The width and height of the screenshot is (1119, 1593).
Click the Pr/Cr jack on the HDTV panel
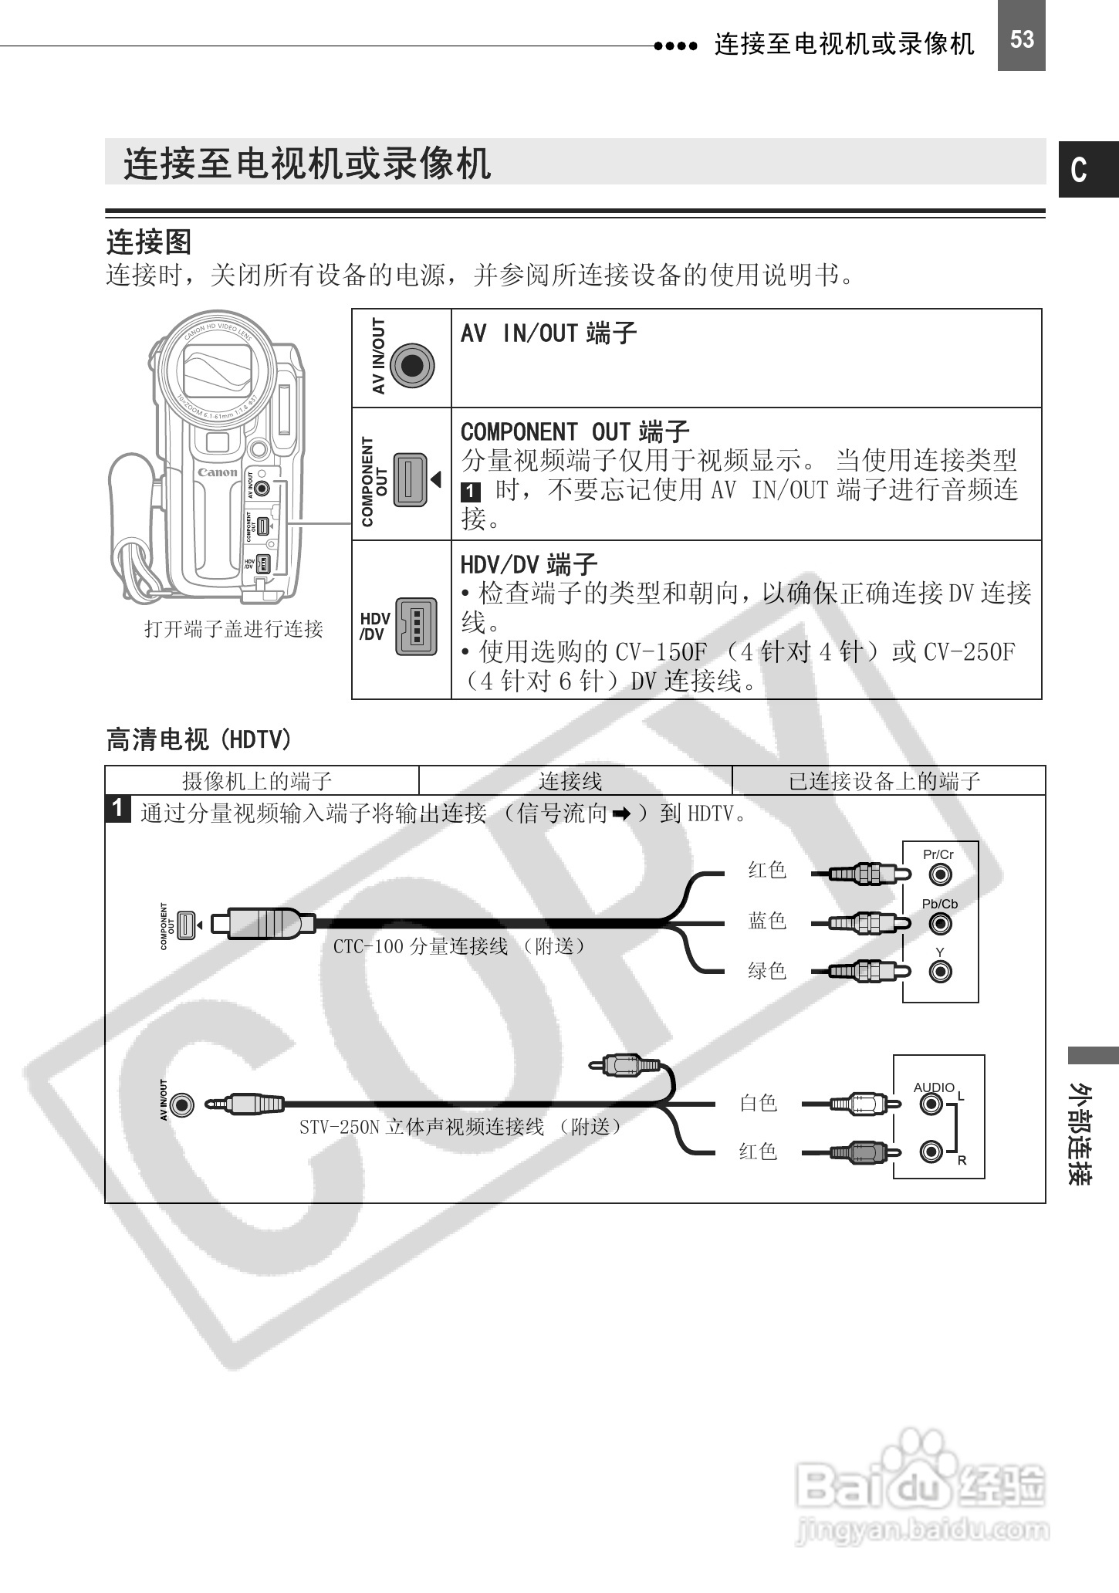tap(940, 874)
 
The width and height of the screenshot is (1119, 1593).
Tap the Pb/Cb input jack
tap(940, 923)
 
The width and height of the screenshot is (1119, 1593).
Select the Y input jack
tap(940, 971)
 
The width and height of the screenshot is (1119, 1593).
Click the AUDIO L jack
tap(931, 1104)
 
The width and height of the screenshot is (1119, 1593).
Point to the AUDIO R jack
tap(931, 1152)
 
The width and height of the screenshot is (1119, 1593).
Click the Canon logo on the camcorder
tap(218, 472)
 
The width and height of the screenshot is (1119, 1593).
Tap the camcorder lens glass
tap(217, 369)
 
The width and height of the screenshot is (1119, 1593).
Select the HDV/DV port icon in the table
tap(416, 627)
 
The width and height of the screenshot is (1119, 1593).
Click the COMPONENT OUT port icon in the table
tap(411, 479)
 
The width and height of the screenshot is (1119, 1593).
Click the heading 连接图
tap(148, 242)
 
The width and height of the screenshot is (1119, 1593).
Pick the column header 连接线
tap(570, 781)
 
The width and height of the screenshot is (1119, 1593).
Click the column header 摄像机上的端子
tap(257, 781)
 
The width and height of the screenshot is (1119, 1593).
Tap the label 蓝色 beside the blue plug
tap(767, 921)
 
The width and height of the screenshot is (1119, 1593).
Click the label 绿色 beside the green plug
tap(767, 970)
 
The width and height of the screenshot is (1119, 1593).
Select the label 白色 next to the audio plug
tap(759, 1103)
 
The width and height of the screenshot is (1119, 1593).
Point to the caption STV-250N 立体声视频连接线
tap(461, 1127)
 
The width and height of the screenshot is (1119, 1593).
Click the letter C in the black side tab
tap(1080, 170)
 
